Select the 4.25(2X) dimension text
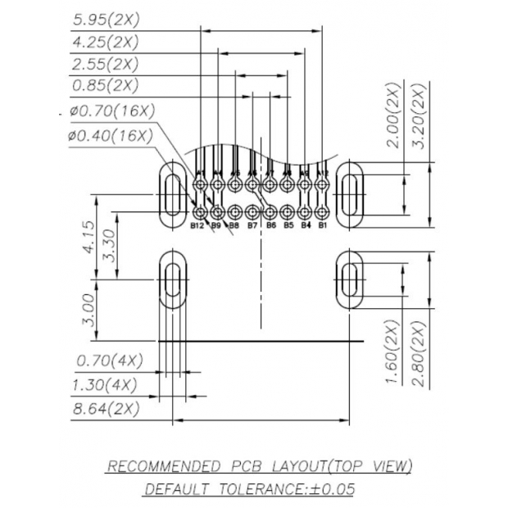[105, 42]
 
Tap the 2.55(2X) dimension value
[105, 64]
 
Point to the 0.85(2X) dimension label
[105, 85]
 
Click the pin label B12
[197, 225]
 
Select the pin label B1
[323, 224]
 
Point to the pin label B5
[288, 225]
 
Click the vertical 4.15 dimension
[86, 238]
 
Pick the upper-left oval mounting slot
[171, 194]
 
